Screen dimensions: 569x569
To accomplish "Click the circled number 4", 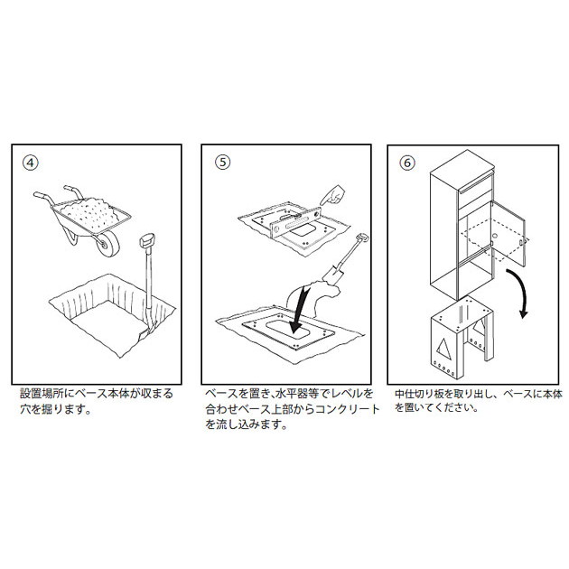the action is click(x=31, y=163).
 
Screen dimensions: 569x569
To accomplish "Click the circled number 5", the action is click(x=223, y=163).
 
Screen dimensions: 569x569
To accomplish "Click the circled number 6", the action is click(x=407, y=163).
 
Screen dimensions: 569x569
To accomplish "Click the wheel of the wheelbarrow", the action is click(x=107, y=243).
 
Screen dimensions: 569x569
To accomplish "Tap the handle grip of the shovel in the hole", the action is click(x=147, y=240).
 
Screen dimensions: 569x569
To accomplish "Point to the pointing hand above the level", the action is click(x=333, y=195).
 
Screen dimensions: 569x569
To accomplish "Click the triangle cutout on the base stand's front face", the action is click(x=443, y=350).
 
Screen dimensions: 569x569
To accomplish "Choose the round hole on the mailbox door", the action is click(x=494, y=236).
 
